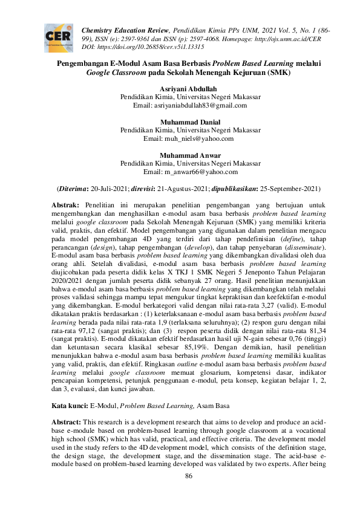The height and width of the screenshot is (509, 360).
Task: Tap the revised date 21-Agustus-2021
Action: point(181,189)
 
